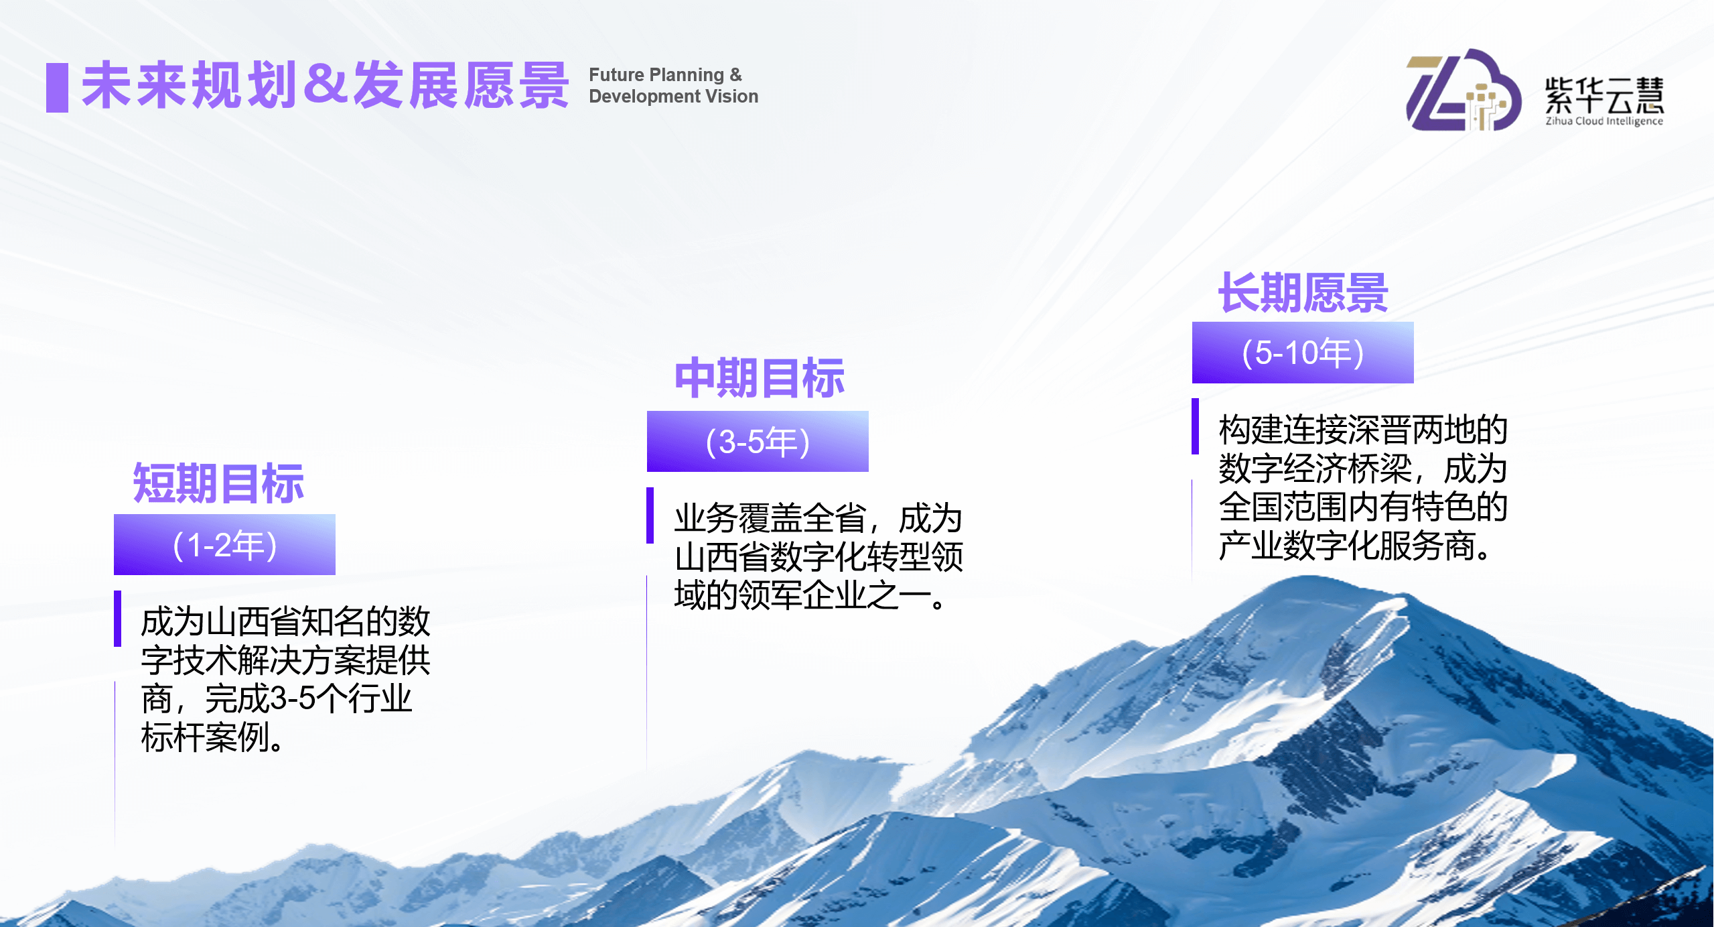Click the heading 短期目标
(x=218, y=483)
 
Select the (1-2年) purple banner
(x=224, y=545)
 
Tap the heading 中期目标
(x=759, y=378)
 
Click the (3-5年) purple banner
(x=758, y=442)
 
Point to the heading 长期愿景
(x=1303, y=293)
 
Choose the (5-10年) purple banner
(x=1303, y=353)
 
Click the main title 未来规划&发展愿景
(x=325, y=86)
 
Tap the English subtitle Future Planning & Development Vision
(x=673, y=85)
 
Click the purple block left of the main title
(x=57, y=87)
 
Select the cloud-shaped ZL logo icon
(x=1463, y=91)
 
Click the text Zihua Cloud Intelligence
(x=1603, y=121)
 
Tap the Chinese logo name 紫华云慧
(x=1603, y=95)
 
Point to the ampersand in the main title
(x=325, y=84)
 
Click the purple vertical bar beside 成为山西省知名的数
(x=118, y=618)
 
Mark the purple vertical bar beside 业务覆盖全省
(x=650, y=515)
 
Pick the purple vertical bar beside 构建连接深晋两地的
(x=1196, y=426)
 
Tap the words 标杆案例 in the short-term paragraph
(x=205, y=738)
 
